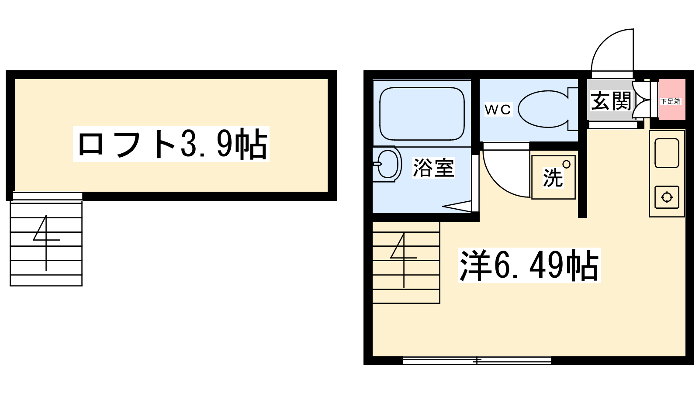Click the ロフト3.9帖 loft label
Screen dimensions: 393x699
coord(171,144)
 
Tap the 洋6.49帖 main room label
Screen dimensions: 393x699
coord(529,265)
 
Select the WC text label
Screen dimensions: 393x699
coord(498,110)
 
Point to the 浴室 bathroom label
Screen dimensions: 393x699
coord(433,168)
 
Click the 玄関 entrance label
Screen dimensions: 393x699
coord(611,101)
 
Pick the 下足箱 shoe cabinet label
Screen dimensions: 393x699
coord(671,101)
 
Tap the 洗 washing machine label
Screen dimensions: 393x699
coord(552,178)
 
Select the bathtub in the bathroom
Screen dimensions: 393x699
coord(422,114)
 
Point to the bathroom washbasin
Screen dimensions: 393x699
coord(388,164)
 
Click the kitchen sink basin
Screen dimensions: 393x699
coord(667,153)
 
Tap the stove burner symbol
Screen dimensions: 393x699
coord(667,197)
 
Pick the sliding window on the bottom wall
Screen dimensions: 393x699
coord(477,361)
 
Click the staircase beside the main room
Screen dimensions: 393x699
coord(406,262)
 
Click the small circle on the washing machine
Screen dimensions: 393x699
coord(566,164)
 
